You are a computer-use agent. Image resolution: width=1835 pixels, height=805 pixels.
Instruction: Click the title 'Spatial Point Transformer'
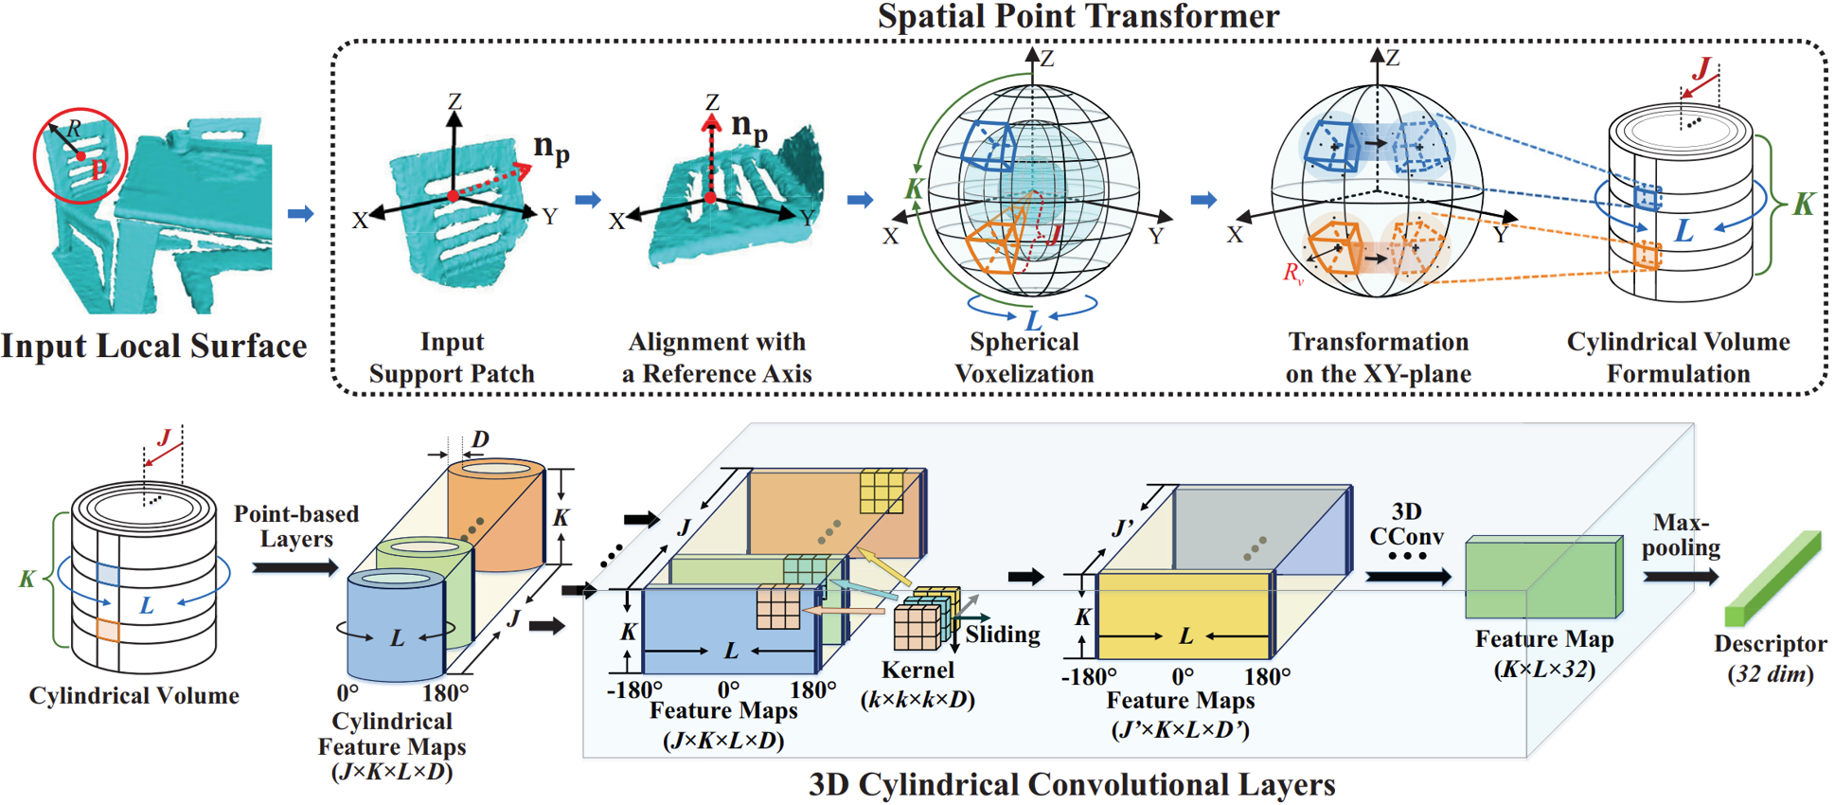coord(1078,16)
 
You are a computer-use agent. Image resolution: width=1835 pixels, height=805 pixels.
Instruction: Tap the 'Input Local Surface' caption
coord(153,346)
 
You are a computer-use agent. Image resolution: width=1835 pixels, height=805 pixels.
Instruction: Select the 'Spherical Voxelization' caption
coord(1024,357)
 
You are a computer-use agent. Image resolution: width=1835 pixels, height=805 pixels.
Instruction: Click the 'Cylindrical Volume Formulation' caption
coord(1678,357)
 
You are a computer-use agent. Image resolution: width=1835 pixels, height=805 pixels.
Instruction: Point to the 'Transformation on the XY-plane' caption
coord(1378,357)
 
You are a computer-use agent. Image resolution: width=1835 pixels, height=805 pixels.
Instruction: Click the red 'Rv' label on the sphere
coord(1292,274)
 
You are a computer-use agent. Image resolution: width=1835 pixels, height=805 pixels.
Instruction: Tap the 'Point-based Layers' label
coord(296,527)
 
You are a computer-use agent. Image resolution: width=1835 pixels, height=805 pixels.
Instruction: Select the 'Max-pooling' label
coord(1681,535)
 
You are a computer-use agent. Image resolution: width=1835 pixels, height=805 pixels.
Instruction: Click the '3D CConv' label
coord(1407,524)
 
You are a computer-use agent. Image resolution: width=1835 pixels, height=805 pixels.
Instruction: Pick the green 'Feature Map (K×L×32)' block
coord(1543,578)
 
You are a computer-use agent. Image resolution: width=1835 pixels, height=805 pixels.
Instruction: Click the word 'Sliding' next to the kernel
coord(1002,634)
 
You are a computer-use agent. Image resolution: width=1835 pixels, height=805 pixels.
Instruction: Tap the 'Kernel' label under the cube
coord(917,670)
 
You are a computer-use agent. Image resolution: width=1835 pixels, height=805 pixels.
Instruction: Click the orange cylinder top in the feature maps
coord(495,469)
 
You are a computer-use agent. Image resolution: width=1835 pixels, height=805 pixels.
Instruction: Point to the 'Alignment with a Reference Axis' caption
coord(717,357)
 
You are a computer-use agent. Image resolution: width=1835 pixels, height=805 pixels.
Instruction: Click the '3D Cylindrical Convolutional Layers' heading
coord(1072,784)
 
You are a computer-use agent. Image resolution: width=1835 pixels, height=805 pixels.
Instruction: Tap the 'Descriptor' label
coord(1770,644)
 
